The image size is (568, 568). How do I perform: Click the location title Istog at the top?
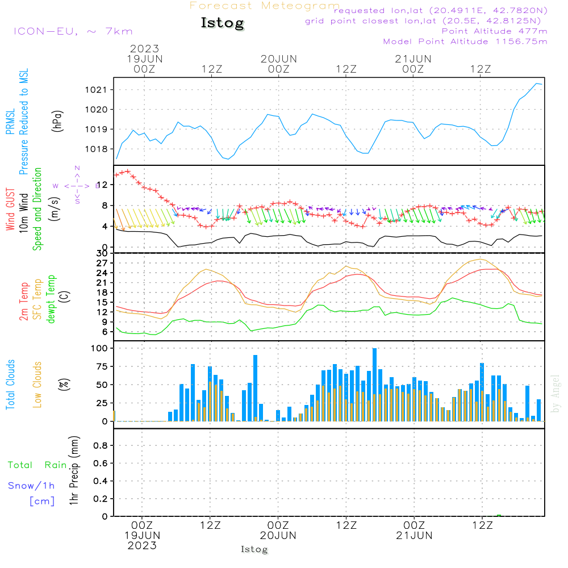pyautogui.click(x=222, y=23)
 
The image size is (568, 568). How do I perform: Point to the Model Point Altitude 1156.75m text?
pyautogui.click(x=465, y=41)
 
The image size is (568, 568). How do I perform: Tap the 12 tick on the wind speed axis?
pyautogui.click(x=102, y=185)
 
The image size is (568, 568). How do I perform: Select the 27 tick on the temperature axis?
pyautogui.click(x=102, y=263)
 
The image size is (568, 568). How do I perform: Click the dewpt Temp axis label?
pyautogui.click(x=51, y=299)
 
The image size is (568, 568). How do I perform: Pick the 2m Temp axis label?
pyautogui.click(x=24, y=299)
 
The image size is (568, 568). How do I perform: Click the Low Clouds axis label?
pyautogui.click(x=37, y=385)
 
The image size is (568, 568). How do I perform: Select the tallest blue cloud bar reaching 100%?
pyautogui.click(x=374, y=385)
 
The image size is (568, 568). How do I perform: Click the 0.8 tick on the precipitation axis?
pyautogui.click(x=101, y=446)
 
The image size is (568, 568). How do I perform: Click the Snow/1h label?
pyautogui.click(x=31, y=486)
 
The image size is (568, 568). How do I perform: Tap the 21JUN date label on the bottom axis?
pyautogui.click(x=415, y=536)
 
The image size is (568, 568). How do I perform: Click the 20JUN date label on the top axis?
pyautogui.click(x=279, y=59)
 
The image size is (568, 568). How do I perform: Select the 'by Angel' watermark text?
pyautogui.click(x=556, y=393)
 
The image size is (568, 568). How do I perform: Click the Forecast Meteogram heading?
pyautogui.click(x=265, y=6)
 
